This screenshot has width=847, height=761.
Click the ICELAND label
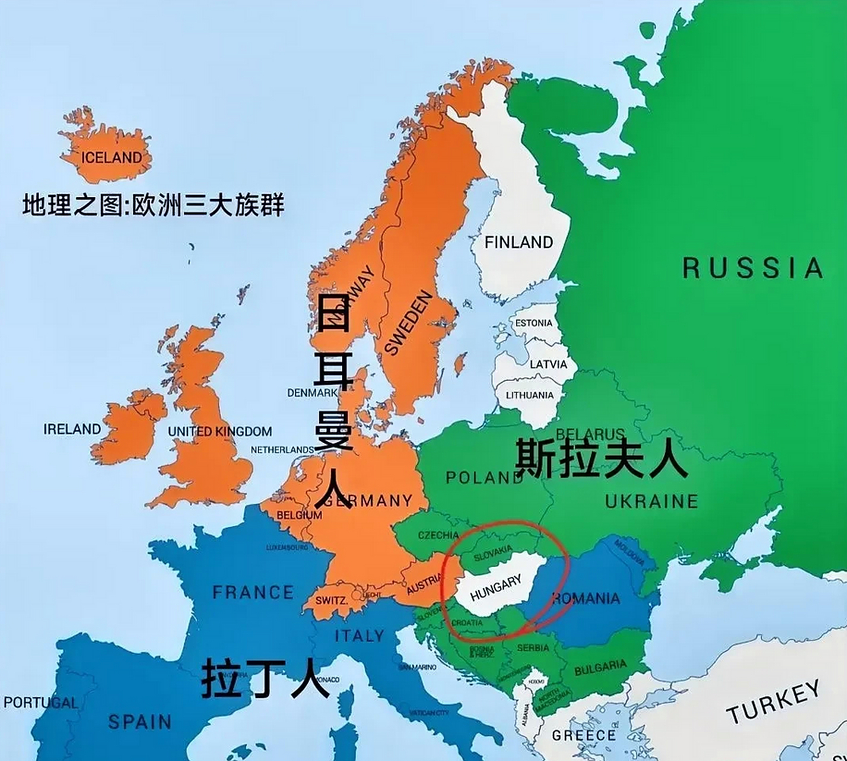pos(112,158)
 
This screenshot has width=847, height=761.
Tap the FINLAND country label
pos(518,242)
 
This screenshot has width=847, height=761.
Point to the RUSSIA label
pos(752,268)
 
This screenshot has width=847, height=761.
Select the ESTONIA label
pos(534,323)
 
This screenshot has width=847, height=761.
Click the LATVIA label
pos(548,364)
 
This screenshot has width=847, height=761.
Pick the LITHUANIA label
pos(530,395)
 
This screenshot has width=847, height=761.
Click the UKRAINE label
pos(651,501)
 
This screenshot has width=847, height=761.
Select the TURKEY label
pos(773,703)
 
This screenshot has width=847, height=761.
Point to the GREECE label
pos(584,735)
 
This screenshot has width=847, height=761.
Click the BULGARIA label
pos(600,668)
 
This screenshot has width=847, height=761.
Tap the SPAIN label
pos(140,722)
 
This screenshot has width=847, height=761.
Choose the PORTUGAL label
pos(40,703)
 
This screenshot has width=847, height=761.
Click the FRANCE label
pos(253,592)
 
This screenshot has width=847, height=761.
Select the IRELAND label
pos(72,429)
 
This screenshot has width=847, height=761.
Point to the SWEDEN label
pos(409,323)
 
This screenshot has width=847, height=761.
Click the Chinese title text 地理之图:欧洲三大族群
pos(153,205)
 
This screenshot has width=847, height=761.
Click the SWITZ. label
pos(331,600)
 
